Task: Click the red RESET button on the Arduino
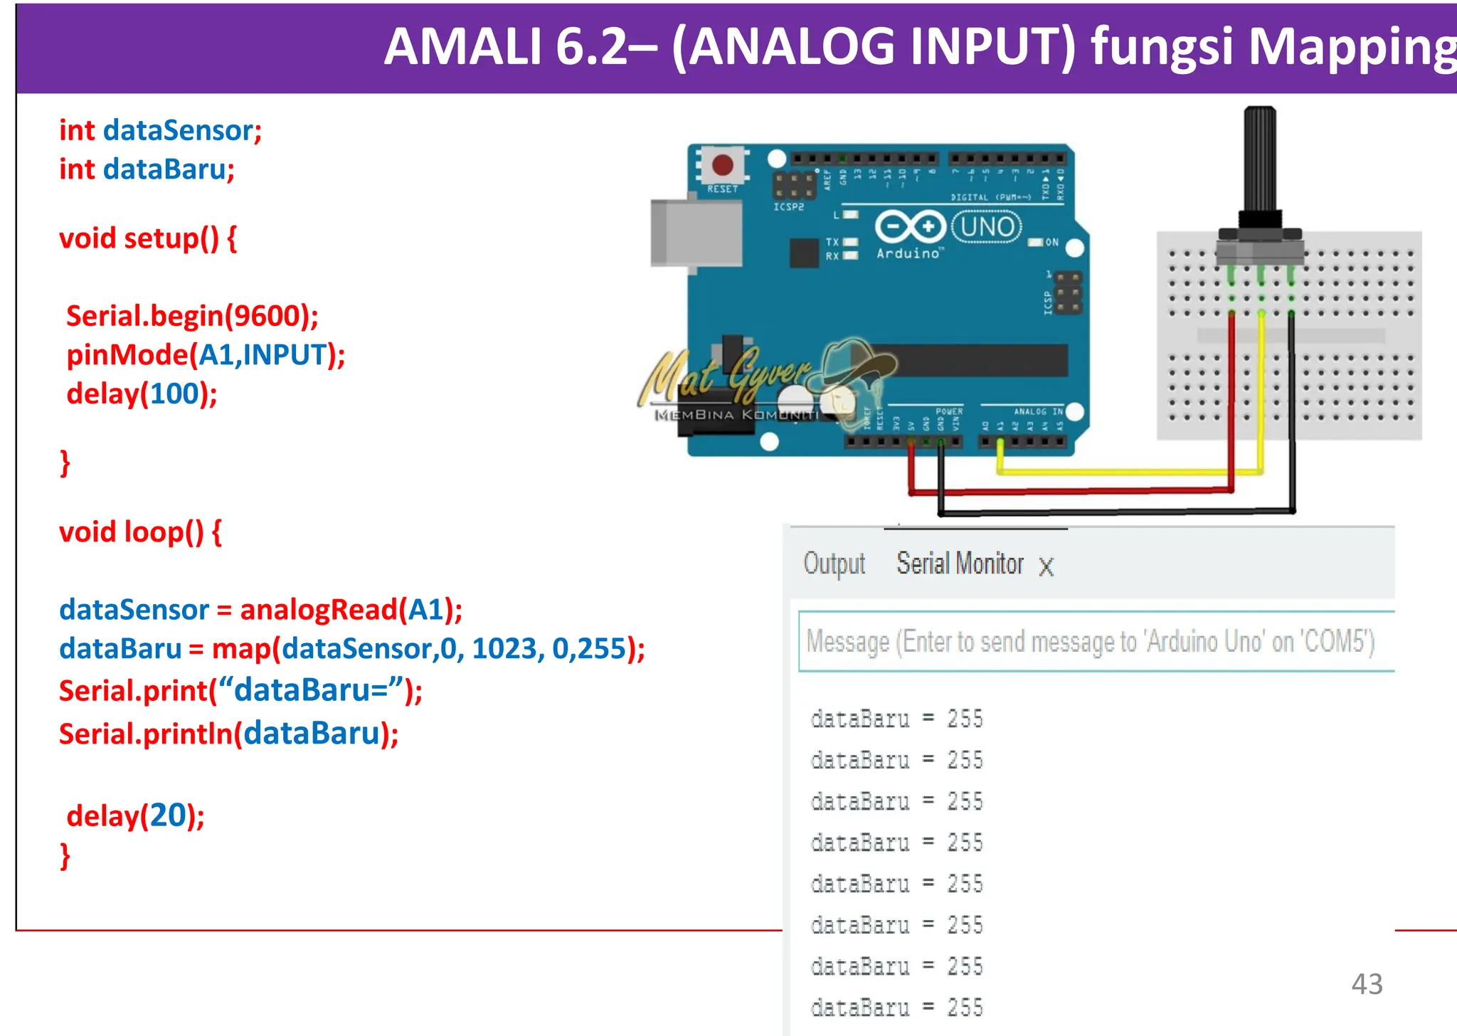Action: [722, 165]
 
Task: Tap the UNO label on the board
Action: [987, 227]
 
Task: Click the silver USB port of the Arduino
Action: [694, 233]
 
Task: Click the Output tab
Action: [834, 564]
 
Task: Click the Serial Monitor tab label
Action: [960, 564]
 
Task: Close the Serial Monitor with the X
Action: [1046, 567]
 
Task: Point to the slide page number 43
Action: [1367, 984]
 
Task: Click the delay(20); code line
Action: [135, 815]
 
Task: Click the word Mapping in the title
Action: [1352, 47]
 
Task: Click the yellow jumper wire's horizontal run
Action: [1124, 472]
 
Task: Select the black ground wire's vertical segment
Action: [1292, 413]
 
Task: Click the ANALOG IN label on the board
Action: [1037, 411]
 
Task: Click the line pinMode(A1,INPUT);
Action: [205, 355]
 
